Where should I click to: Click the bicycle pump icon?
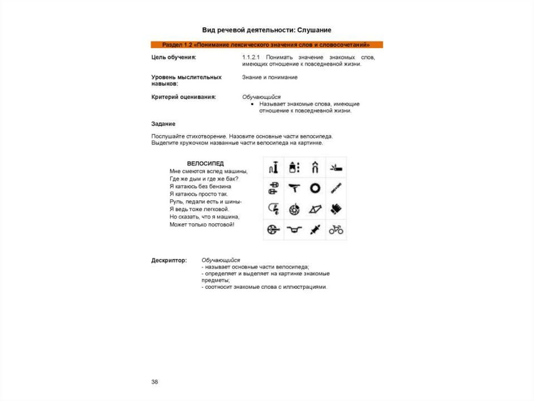[274, 167]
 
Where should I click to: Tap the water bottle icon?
[294, 167]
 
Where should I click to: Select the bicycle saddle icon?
[294, 188]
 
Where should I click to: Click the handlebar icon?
[294, 229]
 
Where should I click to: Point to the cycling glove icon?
[336, 209]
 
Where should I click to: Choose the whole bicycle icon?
[336, 229]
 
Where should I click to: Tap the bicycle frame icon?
[315, 209]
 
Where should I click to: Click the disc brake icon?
[294, 209]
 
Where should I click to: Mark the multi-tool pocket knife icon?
[336, 167]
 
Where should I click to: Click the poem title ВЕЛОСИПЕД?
[205, 163]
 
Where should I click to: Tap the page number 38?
[154, 382]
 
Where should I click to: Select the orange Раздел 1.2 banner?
[266, 44]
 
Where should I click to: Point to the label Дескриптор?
[168, 260]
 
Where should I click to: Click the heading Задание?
[163, 124]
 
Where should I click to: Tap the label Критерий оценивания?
[184, 97]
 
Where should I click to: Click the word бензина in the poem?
[219, 186]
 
